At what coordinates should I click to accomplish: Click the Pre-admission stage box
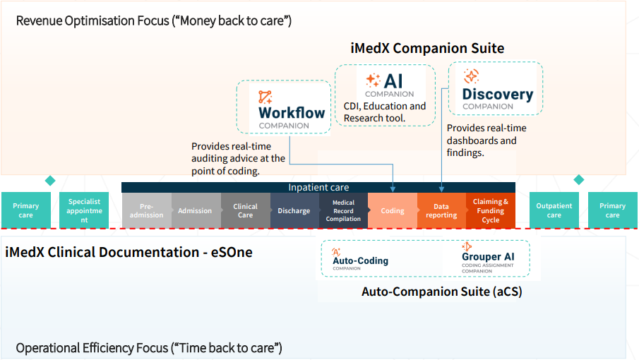point(146,210)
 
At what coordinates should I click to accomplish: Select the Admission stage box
point(196,210)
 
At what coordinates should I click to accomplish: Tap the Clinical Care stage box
point(245,210)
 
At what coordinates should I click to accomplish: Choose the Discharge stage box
point(294,210)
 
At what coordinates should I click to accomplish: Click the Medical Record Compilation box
point(343,210)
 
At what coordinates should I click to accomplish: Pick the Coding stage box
point(393,210)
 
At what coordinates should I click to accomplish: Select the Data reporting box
point(441,210)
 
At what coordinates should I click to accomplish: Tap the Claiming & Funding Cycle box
point(491,210)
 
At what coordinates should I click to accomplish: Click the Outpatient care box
point(554,210)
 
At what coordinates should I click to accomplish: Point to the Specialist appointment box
point(84,210)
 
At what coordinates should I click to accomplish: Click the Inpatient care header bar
point(318,188)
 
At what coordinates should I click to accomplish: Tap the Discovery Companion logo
point(496,89)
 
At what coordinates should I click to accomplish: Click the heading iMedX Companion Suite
point(427,49)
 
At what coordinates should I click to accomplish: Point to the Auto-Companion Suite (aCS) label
point(441,292)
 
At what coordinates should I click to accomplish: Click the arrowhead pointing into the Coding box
point(393,190)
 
